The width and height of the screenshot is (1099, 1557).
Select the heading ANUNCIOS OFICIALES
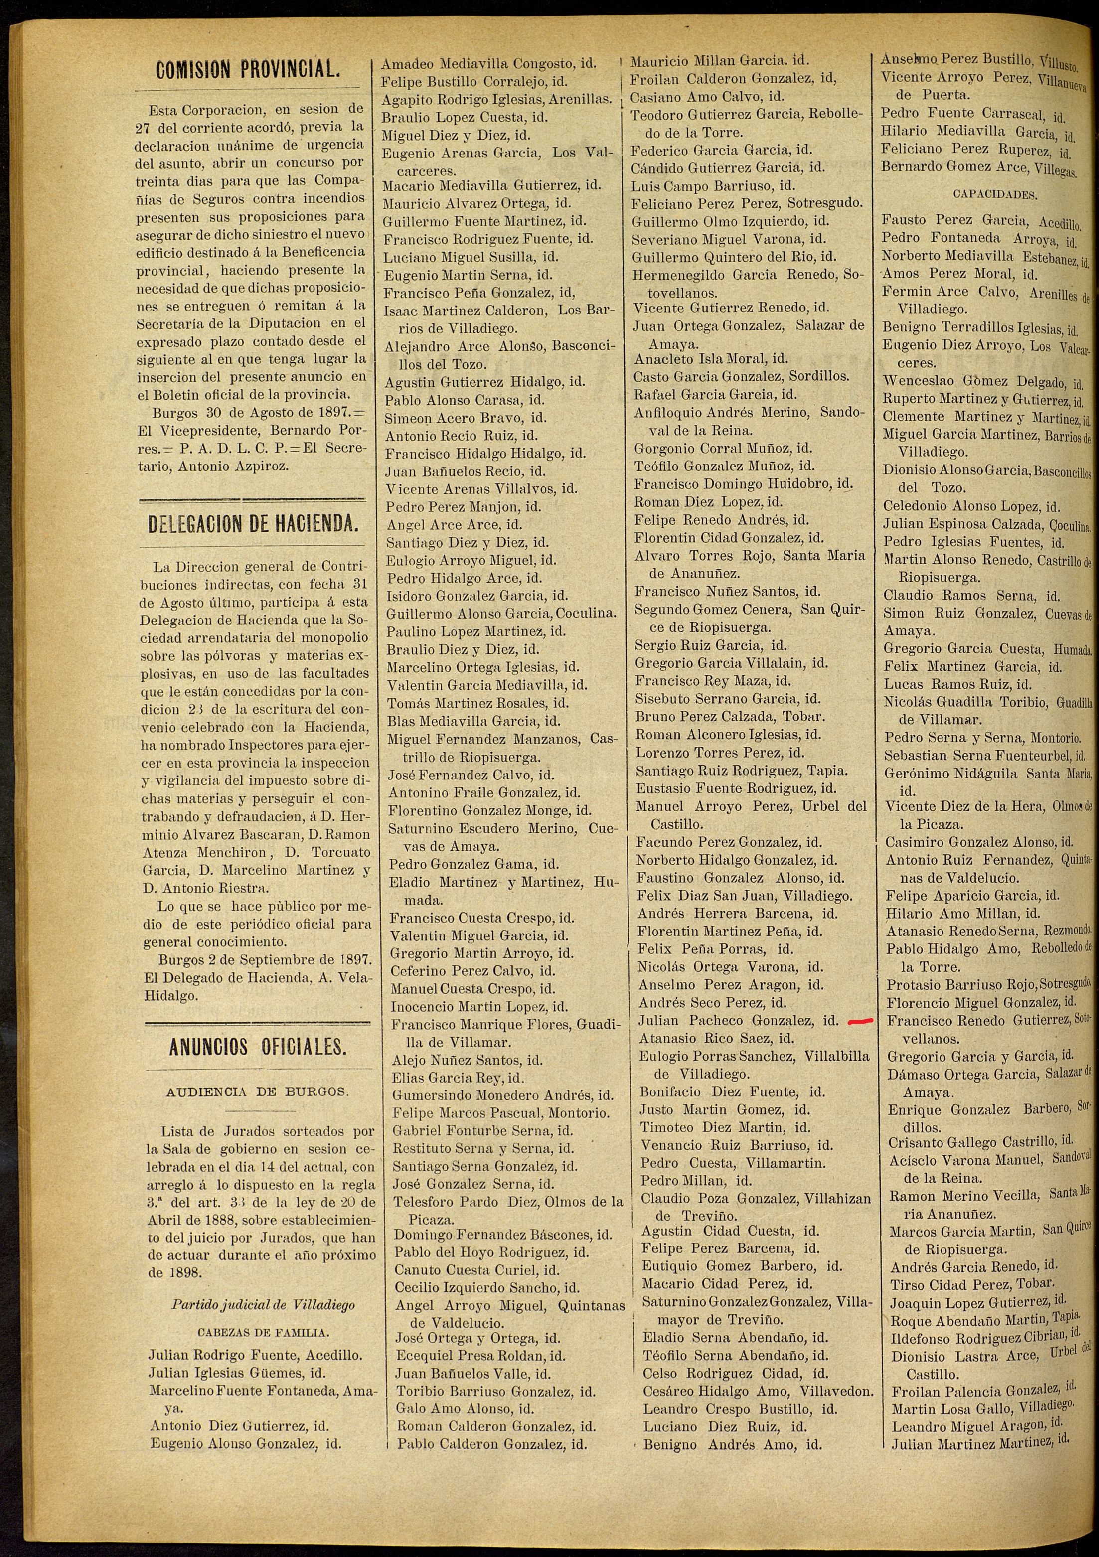pos(258,1046)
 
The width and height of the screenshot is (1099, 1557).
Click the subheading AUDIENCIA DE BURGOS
pos(257,1092)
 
